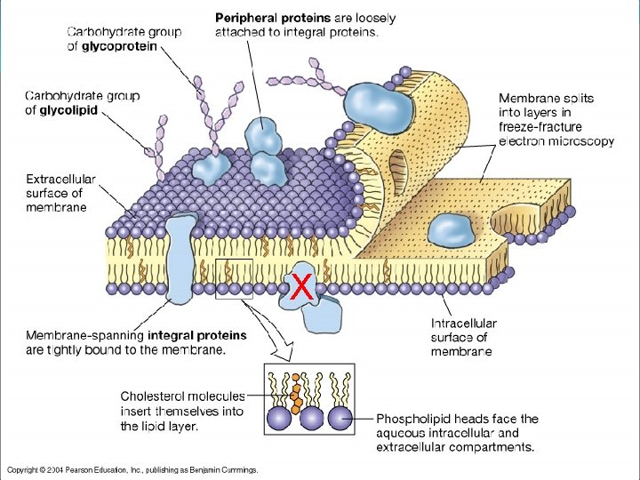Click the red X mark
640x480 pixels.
pos(302,286)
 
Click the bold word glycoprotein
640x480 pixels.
pos(120,46)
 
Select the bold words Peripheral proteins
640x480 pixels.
pos(273,18)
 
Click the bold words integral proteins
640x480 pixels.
pos(197,336)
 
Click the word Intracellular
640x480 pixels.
pos(464,324)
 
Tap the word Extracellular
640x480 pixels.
pos(60,178)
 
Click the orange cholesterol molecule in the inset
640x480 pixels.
pos(294,388)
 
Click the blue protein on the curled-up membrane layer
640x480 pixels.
pos(379,106)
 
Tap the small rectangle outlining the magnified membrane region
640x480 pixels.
pos(234,279)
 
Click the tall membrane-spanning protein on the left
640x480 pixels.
pos(181,258)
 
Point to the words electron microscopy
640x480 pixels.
pos(556,140)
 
